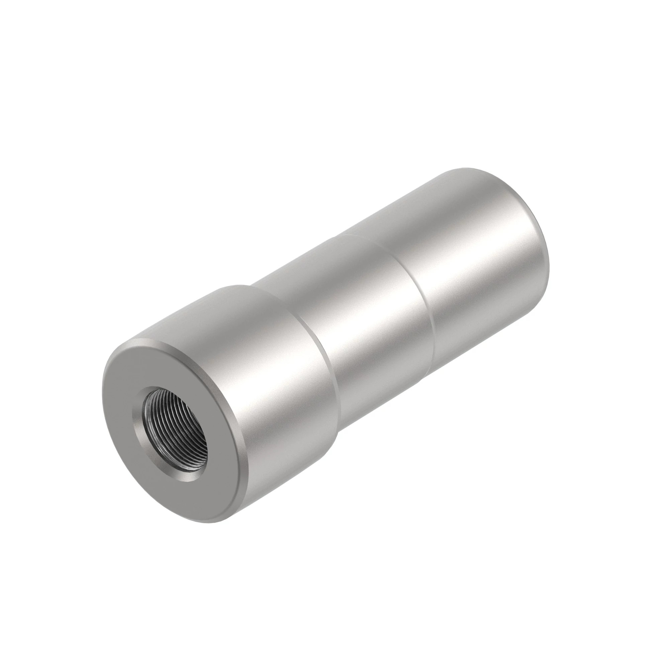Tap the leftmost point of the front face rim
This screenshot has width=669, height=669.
click(103, 398)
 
